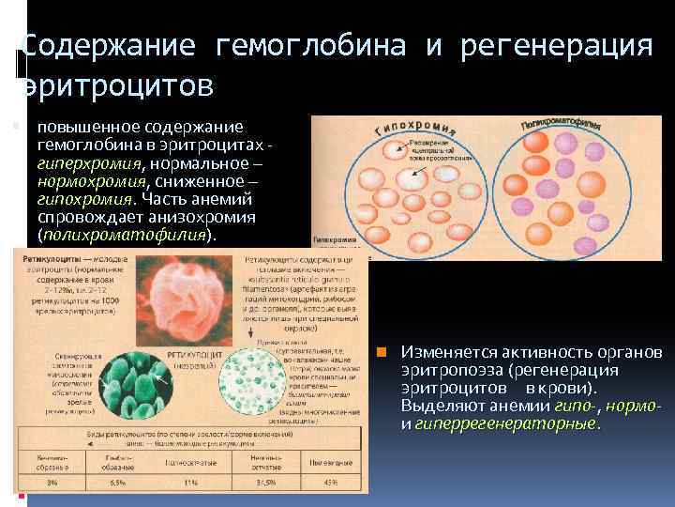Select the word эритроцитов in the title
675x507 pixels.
(116, 84)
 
